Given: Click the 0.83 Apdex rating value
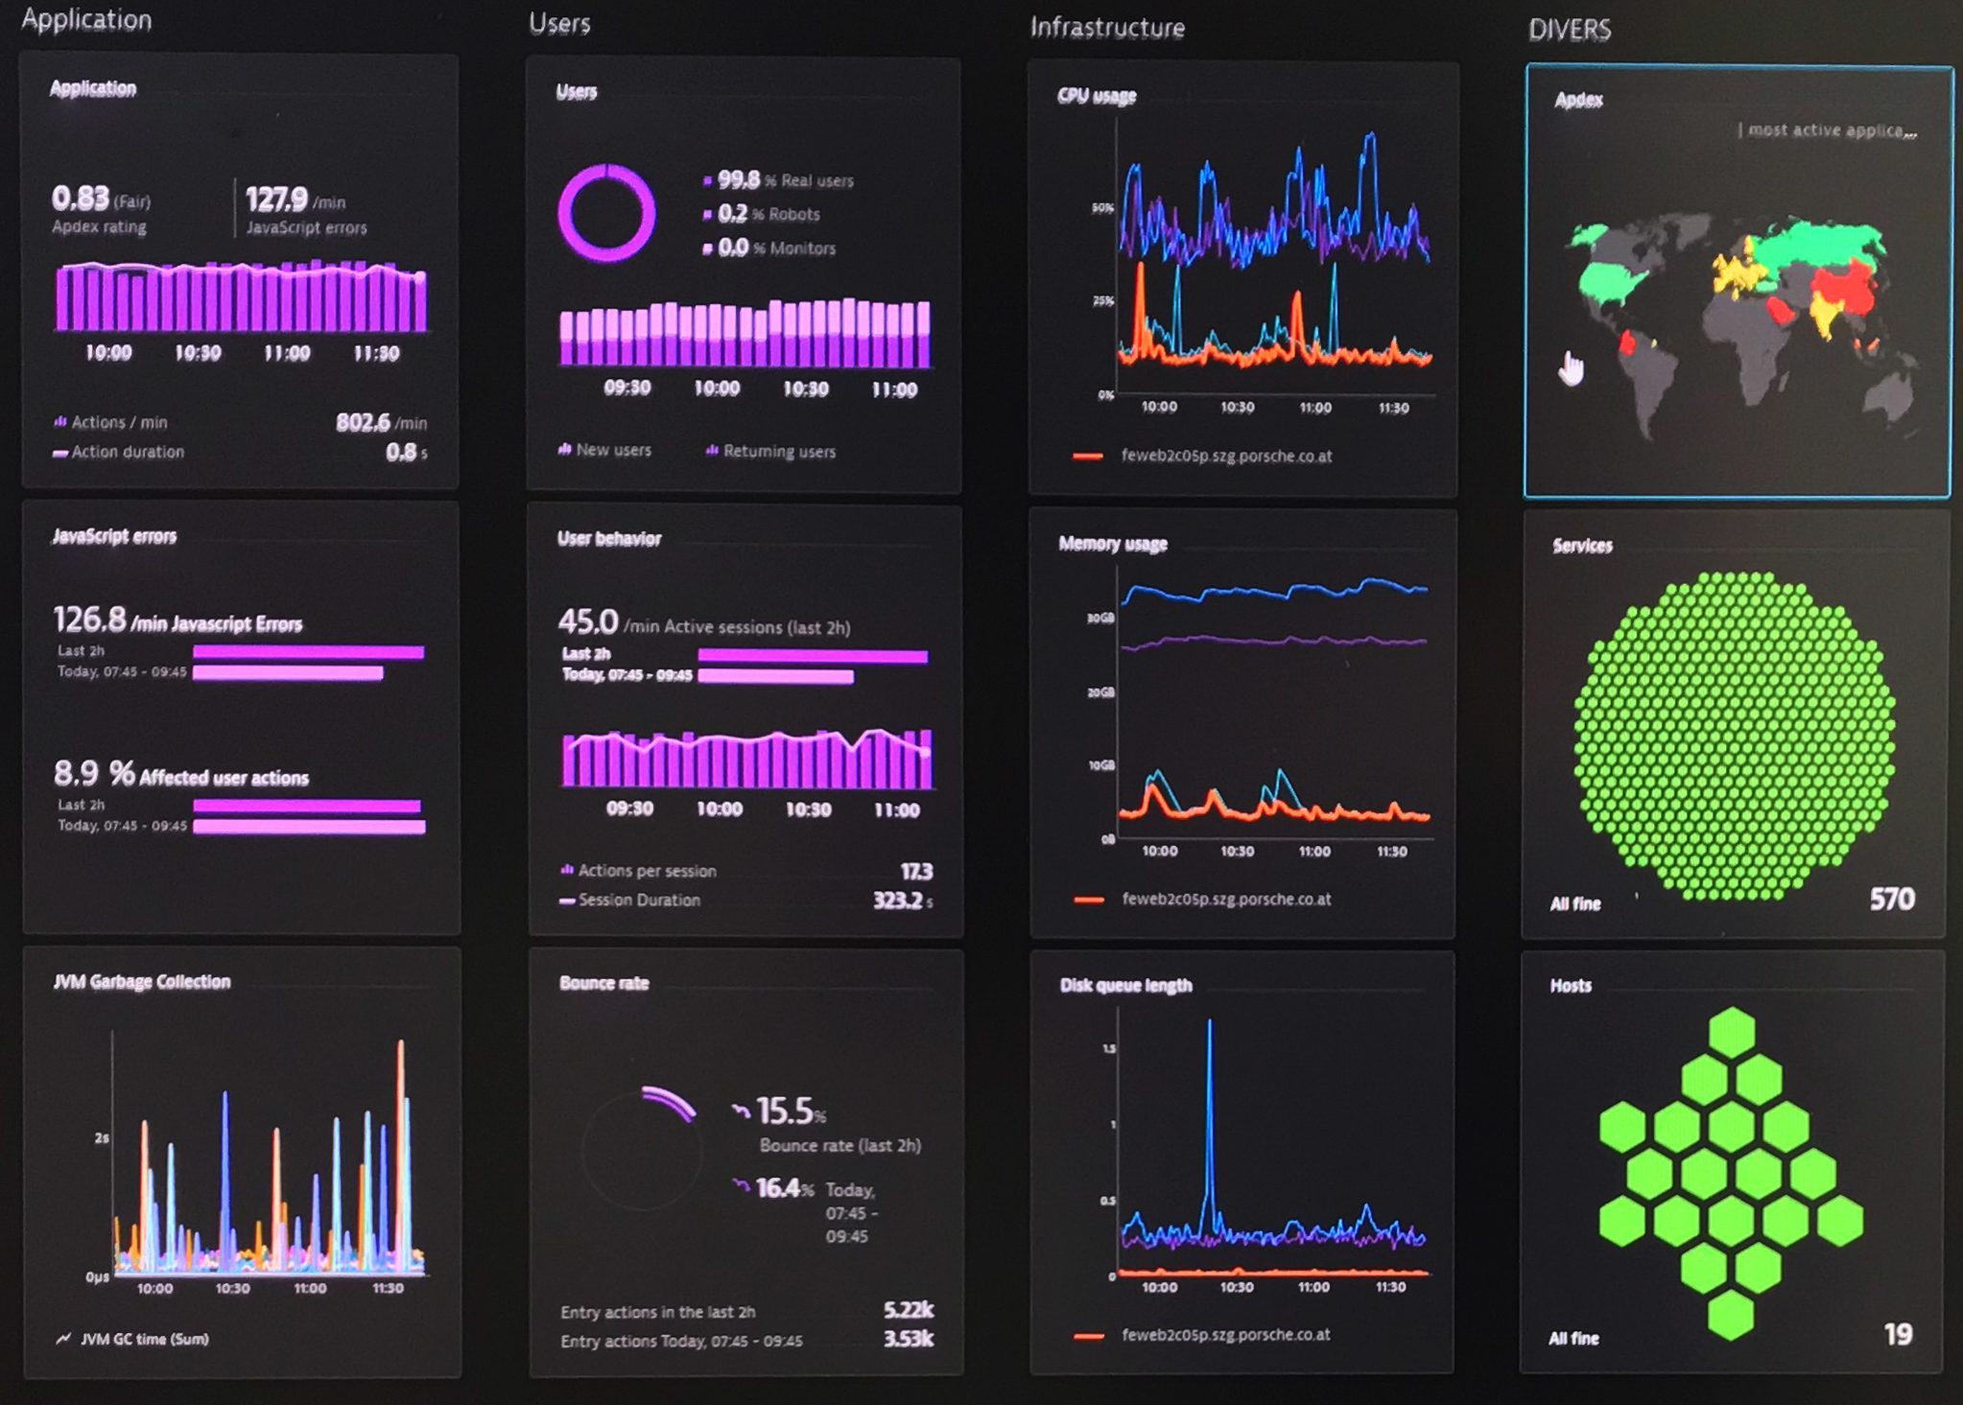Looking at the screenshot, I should [81, 199].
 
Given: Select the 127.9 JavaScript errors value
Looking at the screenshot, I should [276, 199].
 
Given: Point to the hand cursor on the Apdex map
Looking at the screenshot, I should [1571, 367].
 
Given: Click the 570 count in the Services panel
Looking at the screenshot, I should [1891, 899].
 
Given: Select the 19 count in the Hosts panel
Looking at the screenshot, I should [1898, 1334].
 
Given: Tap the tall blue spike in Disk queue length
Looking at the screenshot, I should [1209, 1103].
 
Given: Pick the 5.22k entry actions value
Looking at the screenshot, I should [908, 1309].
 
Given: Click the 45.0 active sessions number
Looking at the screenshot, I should [588, 621].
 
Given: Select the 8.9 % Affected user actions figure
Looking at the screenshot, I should [94, 773].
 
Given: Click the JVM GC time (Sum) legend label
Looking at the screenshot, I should [144, 1339].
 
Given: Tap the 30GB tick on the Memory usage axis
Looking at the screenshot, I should [1100, 619].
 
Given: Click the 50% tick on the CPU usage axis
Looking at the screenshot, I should [1102, 208].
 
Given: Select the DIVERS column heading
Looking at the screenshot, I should [1569, 30].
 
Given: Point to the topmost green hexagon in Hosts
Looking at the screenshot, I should [1732, 1032].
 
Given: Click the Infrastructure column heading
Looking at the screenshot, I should [1106, 28].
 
